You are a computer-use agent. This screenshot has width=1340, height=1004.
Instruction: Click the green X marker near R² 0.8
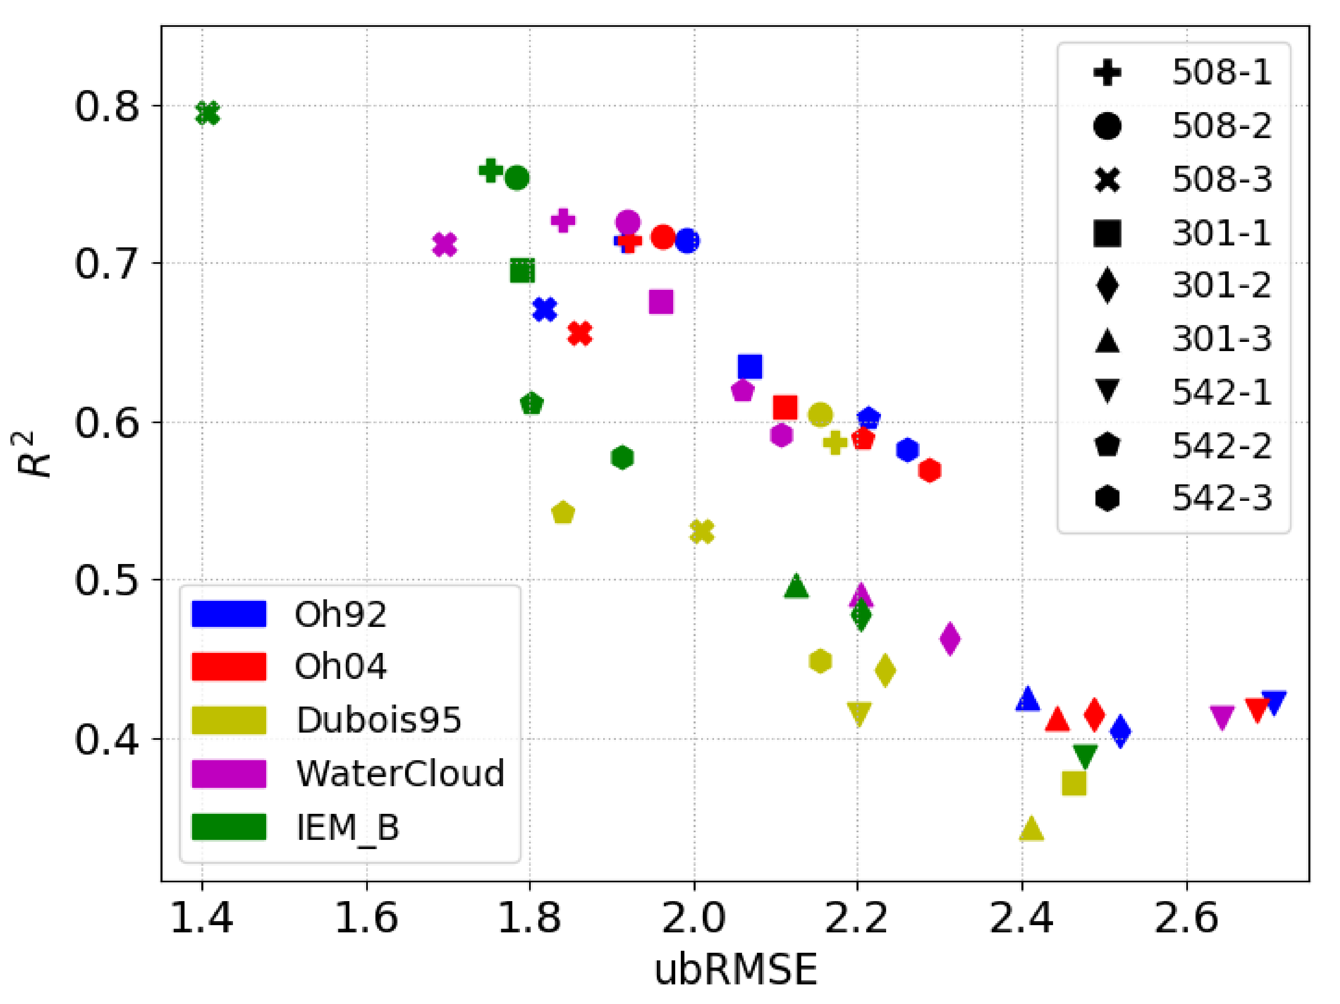[x=207, y=113]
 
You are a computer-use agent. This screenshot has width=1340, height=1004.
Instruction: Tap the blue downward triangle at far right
[x=1274, y=702]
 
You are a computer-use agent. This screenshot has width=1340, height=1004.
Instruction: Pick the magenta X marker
[x=445, y=244]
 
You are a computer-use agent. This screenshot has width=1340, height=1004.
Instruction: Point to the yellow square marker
[x=1074, y=783]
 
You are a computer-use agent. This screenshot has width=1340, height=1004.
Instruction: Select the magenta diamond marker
[x=950, y=638]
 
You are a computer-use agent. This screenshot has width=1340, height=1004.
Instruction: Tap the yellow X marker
[x=702, y=531]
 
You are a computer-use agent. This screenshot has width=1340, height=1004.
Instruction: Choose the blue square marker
[x=750, y=366]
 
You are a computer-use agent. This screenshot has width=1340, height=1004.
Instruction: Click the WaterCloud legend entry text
[x=400, y=774]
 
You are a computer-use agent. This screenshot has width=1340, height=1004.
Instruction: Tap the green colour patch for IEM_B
[x=229, y=827]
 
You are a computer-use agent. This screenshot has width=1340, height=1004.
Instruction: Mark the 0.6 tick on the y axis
[x=106, y=422]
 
